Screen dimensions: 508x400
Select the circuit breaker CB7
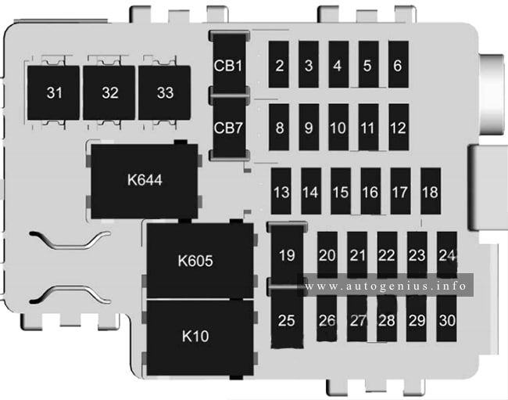pyautogui.click(x=229, y=127)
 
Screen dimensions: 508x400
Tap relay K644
pyautogui.click(x=145, y=181)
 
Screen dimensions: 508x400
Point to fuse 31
pyautogui.click(x=53, y=93)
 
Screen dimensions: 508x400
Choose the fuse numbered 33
pyautogui.click(x=165, y=93)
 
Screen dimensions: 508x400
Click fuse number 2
pyautogui.click(x=279, y=64)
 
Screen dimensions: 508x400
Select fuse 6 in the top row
pyautogui.click(x=399, y=64)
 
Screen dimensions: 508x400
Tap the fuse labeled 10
pyautogui.click(x=338, y=127)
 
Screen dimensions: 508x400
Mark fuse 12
pyautogui.click(x=399, y=127)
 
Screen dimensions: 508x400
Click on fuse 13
pyautogui.click(x=281, y=191)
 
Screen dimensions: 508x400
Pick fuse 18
pyautogui.click(x=431, y=191)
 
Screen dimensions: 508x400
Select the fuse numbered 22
pyautogui.click(x=387, y=254)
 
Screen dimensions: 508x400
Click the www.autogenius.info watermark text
pyautogui.click(x=385, y=286)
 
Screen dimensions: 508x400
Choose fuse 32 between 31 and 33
pyautogui.click(x=109, y=93)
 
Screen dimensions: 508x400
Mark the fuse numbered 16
pyautogui.click(x=370, y=191)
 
